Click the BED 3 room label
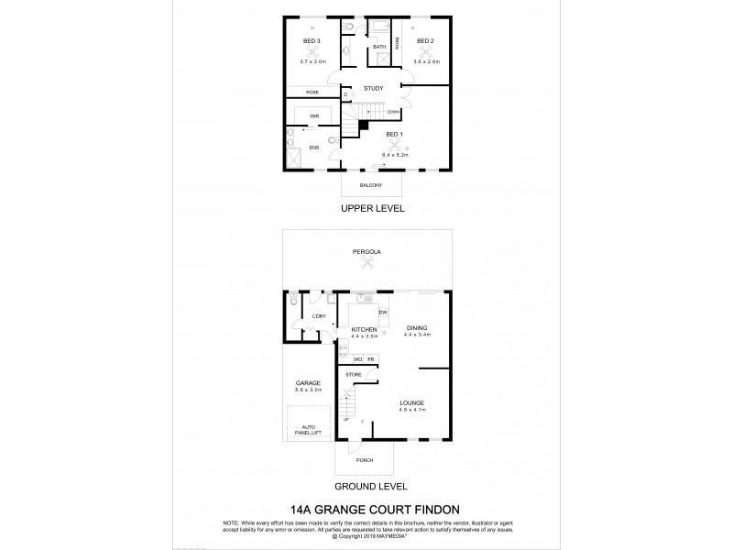point(312,41)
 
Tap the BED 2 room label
point(425,41)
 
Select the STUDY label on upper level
point(373,88)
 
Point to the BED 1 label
point(395,135)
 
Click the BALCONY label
point(371,185)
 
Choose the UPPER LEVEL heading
point(373,208)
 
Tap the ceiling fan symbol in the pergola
point(368,265)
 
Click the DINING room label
point(418,328)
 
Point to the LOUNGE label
point(412,402)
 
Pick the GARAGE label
point(307,383)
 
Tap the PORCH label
point(365,462)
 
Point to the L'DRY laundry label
point(319,316)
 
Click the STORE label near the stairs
point(353,375)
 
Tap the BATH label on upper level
point(379,47)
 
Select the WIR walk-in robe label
point(313,116)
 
